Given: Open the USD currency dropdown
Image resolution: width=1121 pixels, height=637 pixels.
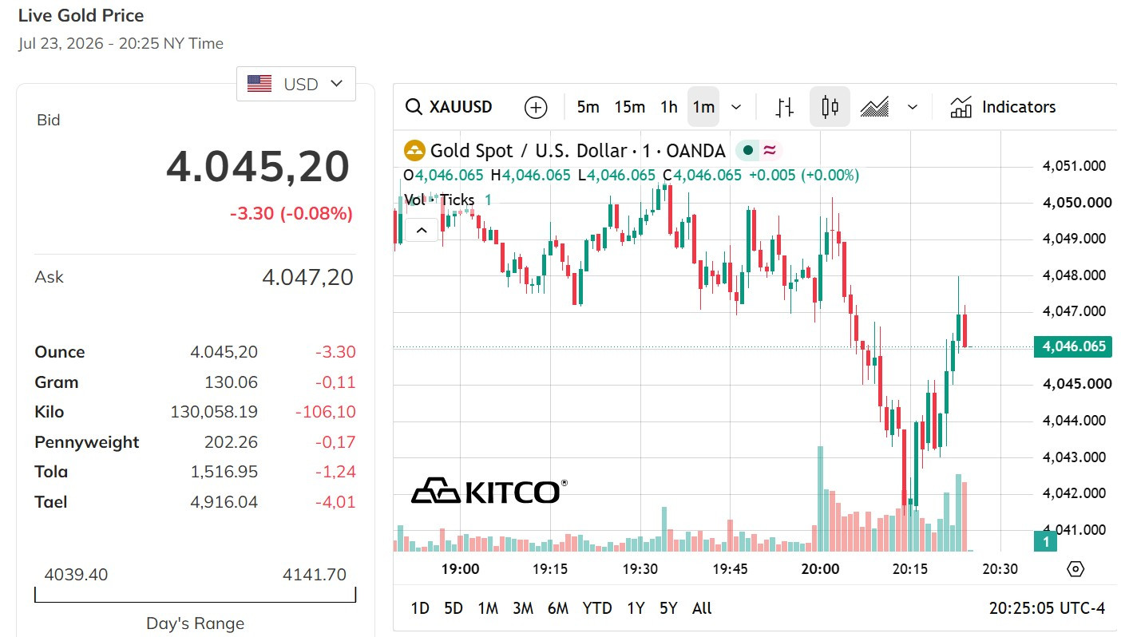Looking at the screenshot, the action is pos(295,84).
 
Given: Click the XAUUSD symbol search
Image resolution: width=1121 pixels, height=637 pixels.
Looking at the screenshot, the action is pos(449,107).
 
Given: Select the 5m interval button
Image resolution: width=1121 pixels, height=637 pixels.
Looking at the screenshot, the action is pos(588,107).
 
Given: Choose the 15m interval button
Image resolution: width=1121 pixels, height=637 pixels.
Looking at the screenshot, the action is pos(629,107).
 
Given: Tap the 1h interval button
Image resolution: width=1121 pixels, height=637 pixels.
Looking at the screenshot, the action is pos(668,107).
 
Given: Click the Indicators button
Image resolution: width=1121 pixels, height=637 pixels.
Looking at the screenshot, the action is pos(1003,107).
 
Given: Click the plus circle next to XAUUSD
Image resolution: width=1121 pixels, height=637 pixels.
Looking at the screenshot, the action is pos(536,107).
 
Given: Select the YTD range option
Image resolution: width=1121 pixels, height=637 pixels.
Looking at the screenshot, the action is pos(597,608).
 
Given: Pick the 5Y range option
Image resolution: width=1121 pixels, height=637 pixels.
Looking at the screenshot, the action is pos(668,608).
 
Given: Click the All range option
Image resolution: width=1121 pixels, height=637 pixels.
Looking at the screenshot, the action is pos(702,608).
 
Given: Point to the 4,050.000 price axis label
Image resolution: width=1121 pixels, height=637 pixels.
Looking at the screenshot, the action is pos(1077,202).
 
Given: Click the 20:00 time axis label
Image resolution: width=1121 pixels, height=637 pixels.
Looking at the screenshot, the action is pos(820,569).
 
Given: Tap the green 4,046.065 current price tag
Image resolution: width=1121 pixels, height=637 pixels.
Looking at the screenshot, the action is pos(1073,346).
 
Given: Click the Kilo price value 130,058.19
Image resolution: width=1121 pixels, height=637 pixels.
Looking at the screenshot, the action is pos(214,412).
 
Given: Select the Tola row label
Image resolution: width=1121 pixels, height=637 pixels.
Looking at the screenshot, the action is pos(51,472).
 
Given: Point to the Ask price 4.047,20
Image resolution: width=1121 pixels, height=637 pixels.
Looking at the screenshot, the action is pos(307,277).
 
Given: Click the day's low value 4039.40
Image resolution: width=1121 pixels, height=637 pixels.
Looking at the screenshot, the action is pos(76,575).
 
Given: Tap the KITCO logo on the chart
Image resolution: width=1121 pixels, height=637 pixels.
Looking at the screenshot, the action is pos(489,490).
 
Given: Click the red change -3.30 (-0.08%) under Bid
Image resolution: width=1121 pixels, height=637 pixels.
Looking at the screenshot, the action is pos(291,214).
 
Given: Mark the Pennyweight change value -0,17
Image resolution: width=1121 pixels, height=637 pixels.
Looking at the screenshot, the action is pos(335,442).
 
